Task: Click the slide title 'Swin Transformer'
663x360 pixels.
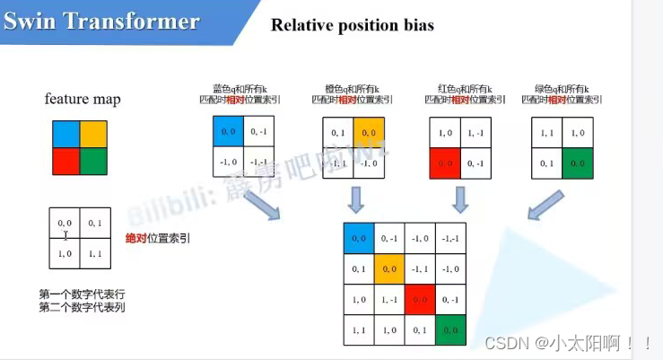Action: (101, 22)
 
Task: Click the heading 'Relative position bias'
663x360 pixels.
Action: (352, 25)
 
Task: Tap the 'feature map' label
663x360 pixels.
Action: (83, 99)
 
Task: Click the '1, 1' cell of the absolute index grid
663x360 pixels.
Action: (95, 254)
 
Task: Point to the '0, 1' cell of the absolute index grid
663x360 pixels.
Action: (95, 224)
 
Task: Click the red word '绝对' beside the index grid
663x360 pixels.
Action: (137, 239)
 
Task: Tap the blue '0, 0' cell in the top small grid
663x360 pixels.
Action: (228, 132)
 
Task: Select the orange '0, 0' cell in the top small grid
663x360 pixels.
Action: (369, 132)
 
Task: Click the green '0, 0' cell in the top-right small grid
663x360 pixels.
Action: (578, 162)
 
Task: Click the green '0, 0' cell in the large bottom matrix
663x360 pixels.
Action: (451, 329)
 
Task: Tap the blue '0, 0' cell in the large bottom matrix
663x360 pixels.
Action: (359, 237)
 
